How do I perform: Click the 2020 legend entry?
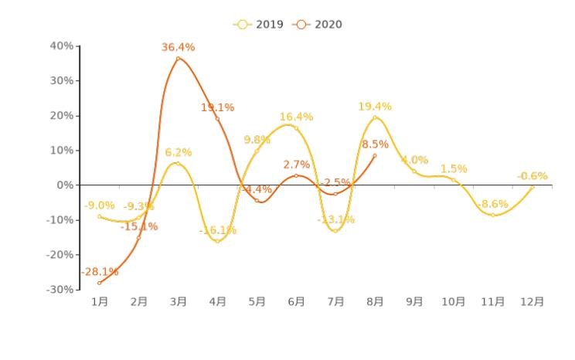click(x=317, y=25)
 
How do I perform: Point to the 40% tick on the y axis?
click(x=62, y=46)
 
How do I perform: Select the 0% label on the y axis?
click(x=66, y=185)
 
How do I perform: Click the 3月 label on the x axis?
click(x=178, y=302)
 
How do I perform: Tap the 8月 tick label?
click(x=375, y=302)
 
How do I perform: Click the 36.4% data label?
click(x=178, y=48)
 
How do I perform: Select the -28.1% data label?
click(x=100, y=272)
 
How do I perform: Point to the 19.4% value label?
click(x=375, y=107)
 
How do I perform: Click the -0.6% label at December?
click(x=532, y=176)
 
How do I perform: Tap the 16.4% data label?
click(x=296, y=117)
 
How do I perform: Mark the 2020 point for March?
click(x=178, y=59)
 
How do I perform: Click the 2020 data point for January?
click(x=99, y=283)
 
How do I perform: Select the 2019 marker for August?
click(x=375, y=117)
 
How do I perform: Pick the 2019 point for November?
click(x=493, y=215)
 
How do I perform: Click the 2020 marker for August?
click(x=375, y=155)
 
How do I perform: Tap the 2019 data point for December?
click(x=532, y=187)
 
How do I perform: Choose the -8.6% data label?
click(x=493, y=205)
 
